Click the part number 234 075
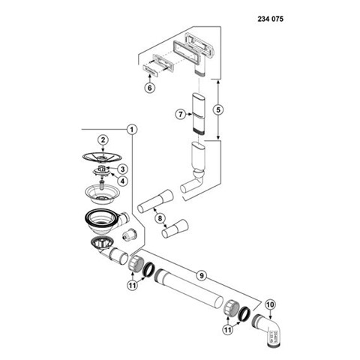click(271, 19)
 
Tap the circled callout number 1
click(132, 130)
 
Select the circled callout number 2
click(103, 139)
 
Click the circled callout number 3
click(122, 169)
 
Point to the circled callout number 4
click(122, 181)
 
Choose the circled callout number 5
click(218, 109)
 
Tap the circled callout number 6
click(149, 88)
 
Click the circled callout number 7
click(181, 115)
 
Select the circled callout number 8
click(160, 218)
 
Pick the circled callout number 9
click(202, 275)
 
